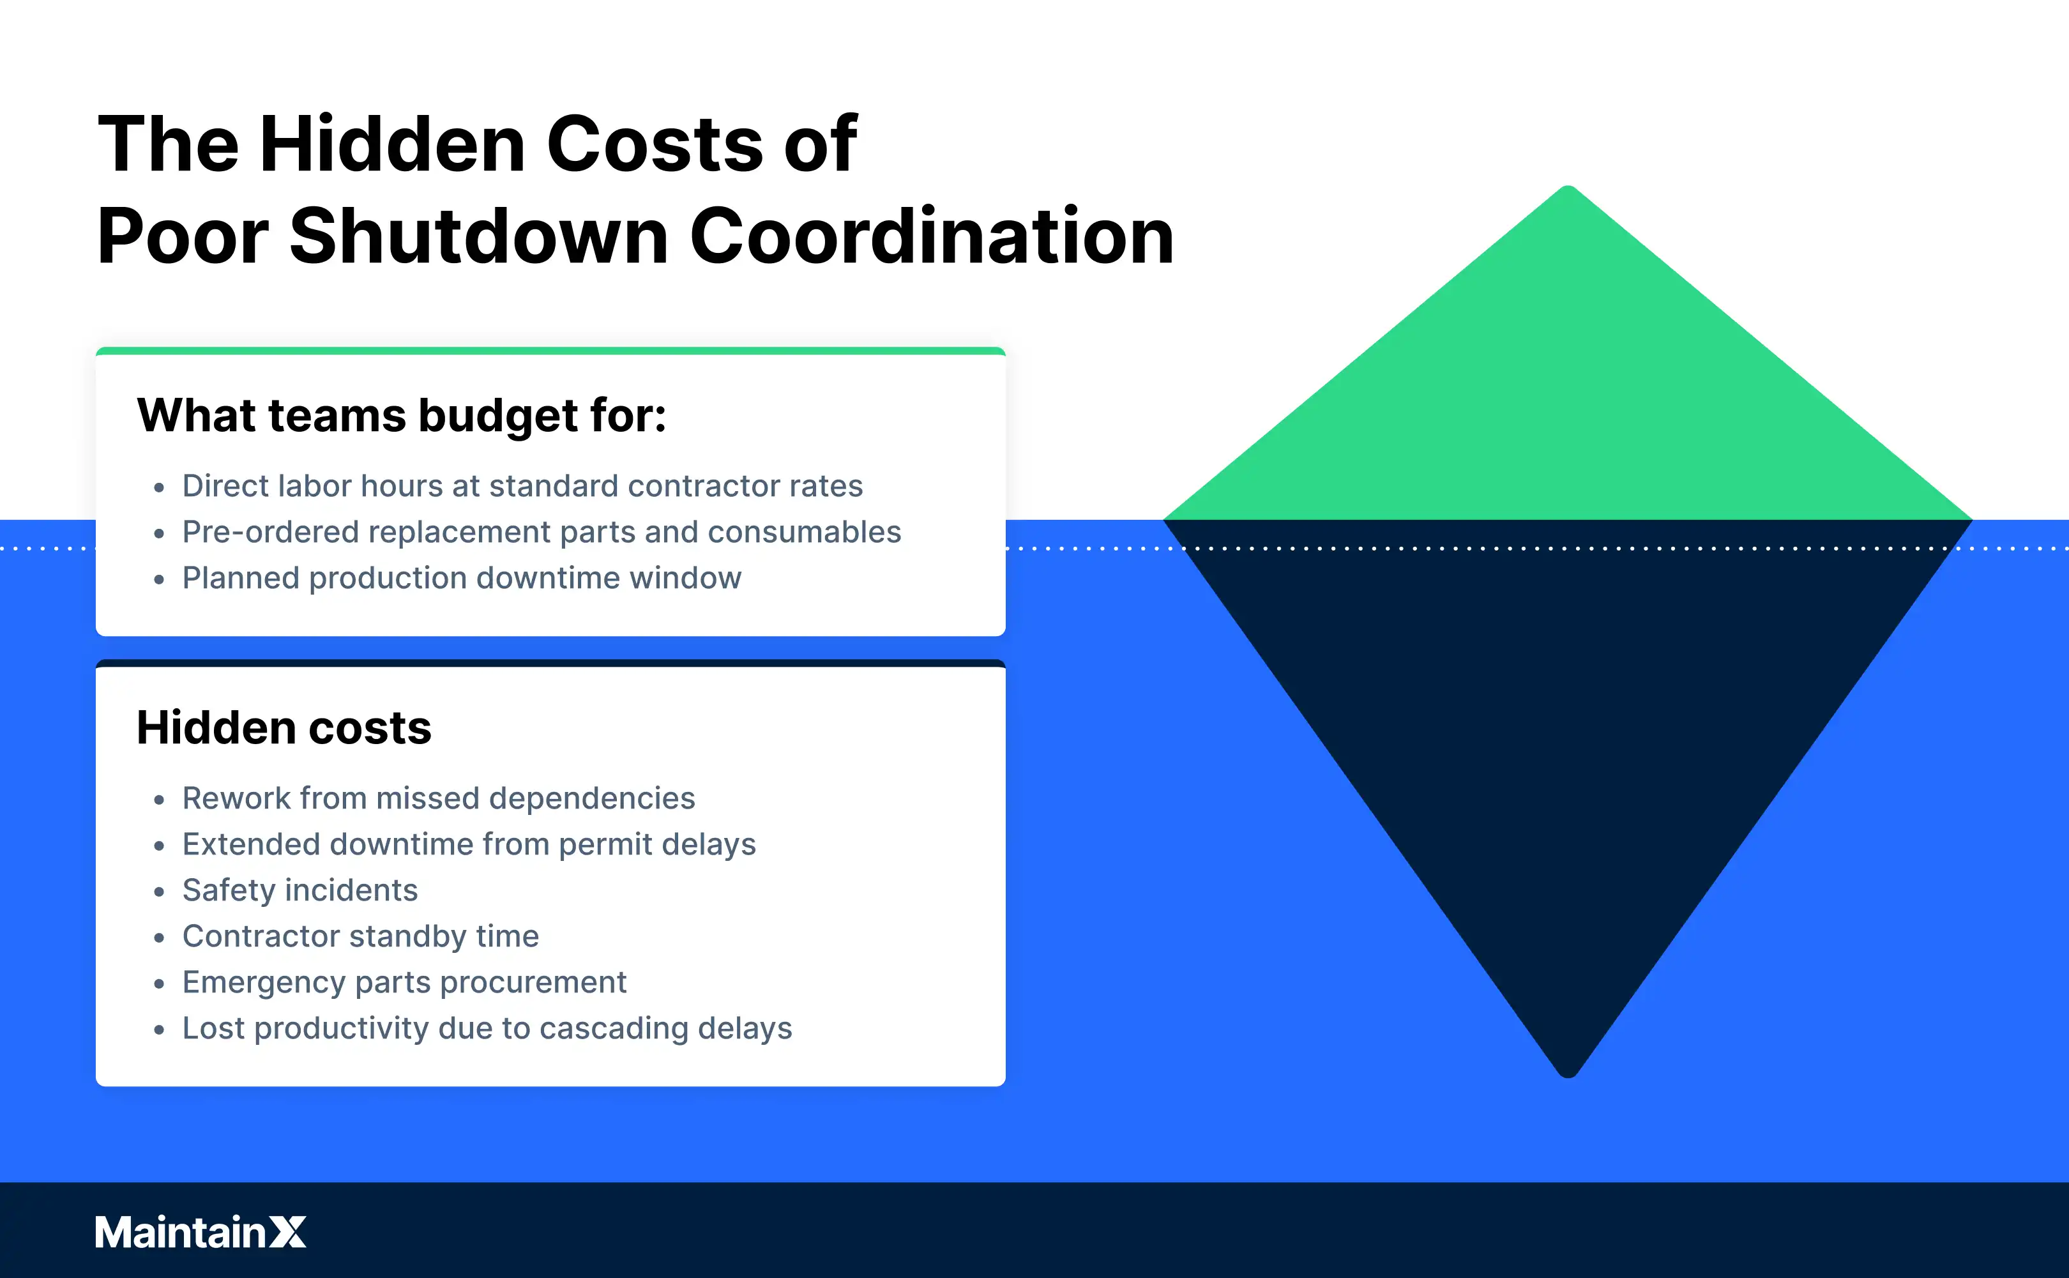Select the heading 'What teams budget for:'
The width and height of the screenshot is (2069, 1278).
[x=401, y=416]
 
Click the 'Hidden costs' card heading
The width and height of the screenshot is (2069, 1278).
[x=284, y=727]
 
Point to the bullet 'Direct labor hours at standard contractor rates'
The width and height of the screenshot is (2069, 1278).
[x=522, y=486]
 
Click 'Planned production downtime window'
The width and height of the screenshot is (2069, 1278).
[x=461, y=578]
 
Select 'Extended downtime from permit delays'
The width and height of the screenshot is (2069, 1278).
[x=469, y=844]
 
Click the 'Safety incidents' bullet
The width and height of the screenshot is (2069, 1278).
[x=300, y=890]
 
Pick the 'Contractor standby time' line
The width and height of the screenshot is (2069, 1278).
[x=360, y=936]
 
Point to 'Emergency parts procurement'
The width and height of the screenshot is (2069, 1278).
[x=404, y=982]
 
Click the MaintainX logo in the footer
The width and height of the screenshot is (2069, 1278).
[x=201, y=1233]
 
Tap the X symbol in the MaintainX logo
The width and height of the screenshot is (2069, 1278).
[x=288, y=1233]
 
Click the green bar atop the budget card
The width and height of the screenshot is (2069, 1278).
[x=550, y=351]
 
